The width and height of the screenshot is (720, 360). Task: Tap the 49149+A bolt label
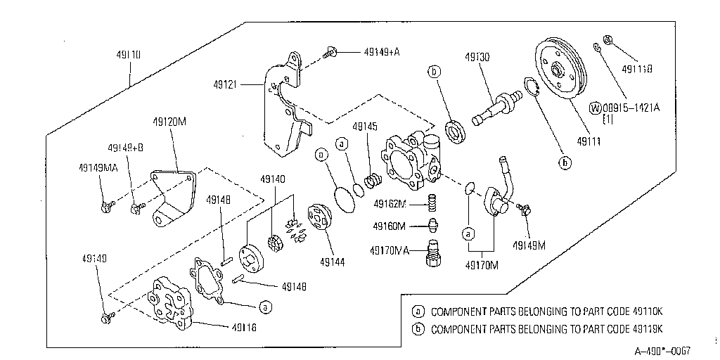(382, 51)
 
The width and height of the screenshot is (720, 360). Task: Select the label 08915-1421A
(631, 108)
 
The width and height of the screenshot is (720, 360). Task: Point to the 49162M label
(390, 204)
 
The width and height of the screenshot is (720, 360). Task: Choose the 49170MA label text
(390, 250)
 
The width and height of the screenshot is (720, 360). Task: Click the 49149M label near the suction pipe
(529, 245)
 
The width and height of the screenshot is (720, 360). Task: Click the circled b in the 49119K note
(419, 328)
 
